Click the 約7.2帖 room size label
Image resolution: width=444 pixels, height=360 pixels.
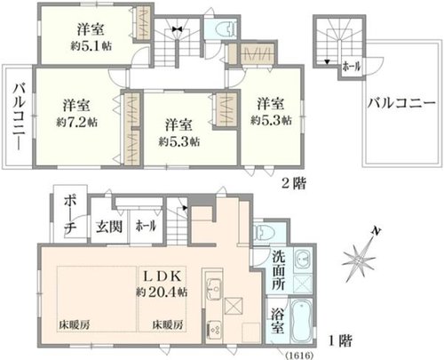pyautogui.click(x=77, y=123)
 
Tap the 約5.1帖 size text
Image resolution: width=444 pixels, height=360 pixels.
pyautogui.click(x=91, y=46)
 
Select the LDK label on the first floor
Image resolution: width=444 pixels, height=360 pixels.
pyautogui.click(x=163, y=276)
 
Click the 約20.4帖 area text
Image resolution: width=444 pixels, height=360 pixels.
pyautogui.click(x=162, y=292)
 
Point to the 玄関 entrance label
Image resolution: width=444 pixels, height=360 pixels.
pyautogui.click(x=109, y=227)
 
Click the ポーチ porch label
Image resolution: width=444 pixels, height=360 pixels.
pyautogui.click(x=70, y=215)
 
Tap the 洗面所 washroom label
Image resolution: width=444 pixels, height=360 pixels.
pyautogui.click(x=279, y=270)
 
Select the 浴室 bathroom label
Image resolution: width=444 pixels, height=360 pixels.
pyautogui.click(x=278, y=322)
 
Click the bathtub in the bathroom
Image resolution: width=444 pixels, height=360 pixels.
pyautogui.click(x=301, y=321)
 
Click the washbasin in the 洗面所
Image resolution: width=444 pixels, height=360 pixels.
pyautogui.click(x=303, y=260)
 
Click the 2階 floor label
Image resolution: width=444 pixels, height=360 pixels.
pyautogui.click(x=294, y=184)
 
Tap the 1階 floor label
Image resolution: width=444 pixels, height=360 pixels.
pyautogui.click(x=340, y=341)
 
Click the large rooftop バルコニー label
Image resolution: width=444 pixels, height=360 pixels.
pyautogui.click(x=401, y=103)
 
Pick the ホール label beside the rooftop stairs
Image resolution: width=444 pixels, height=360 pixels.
pyautogui.click(x=352, y=67)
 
